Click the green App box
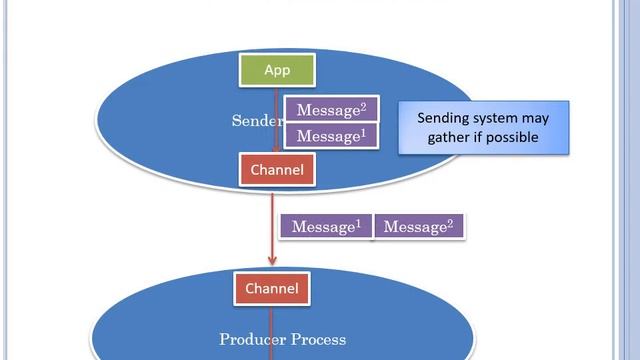276,70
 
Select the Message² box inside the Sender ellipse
331,109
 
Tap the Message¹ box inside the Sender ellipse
331,135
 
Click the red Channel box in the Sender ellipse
276,169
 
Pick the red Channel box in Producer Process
271,289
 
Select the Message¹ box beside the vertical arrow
326,227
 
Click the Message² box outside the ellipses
419,227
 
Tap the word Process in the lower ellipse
319,339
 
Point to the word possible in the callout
513,137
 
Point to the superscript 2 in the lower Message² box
450,221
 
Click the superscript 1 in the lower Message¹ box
357,221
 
